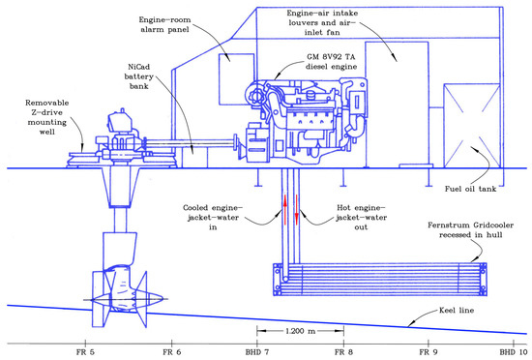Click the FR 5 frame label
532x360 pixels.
[85, 352]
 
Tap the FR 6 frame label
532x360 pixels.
[171, 352]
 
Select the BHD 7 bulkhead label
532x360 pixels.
[257, 352]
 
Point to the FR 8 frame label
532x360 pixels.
[343, 352]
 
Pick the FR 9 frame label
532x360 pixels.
[429, 352]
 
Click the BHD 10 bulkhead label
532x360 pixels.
[514, 352]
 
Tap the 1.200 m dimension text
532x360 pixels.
[300, 331]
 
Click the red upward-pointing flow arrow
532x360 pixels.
[285, 210]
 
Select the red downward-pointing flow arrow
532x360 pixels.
[297, 210]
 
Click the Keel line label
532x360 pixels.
[457, 310]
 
